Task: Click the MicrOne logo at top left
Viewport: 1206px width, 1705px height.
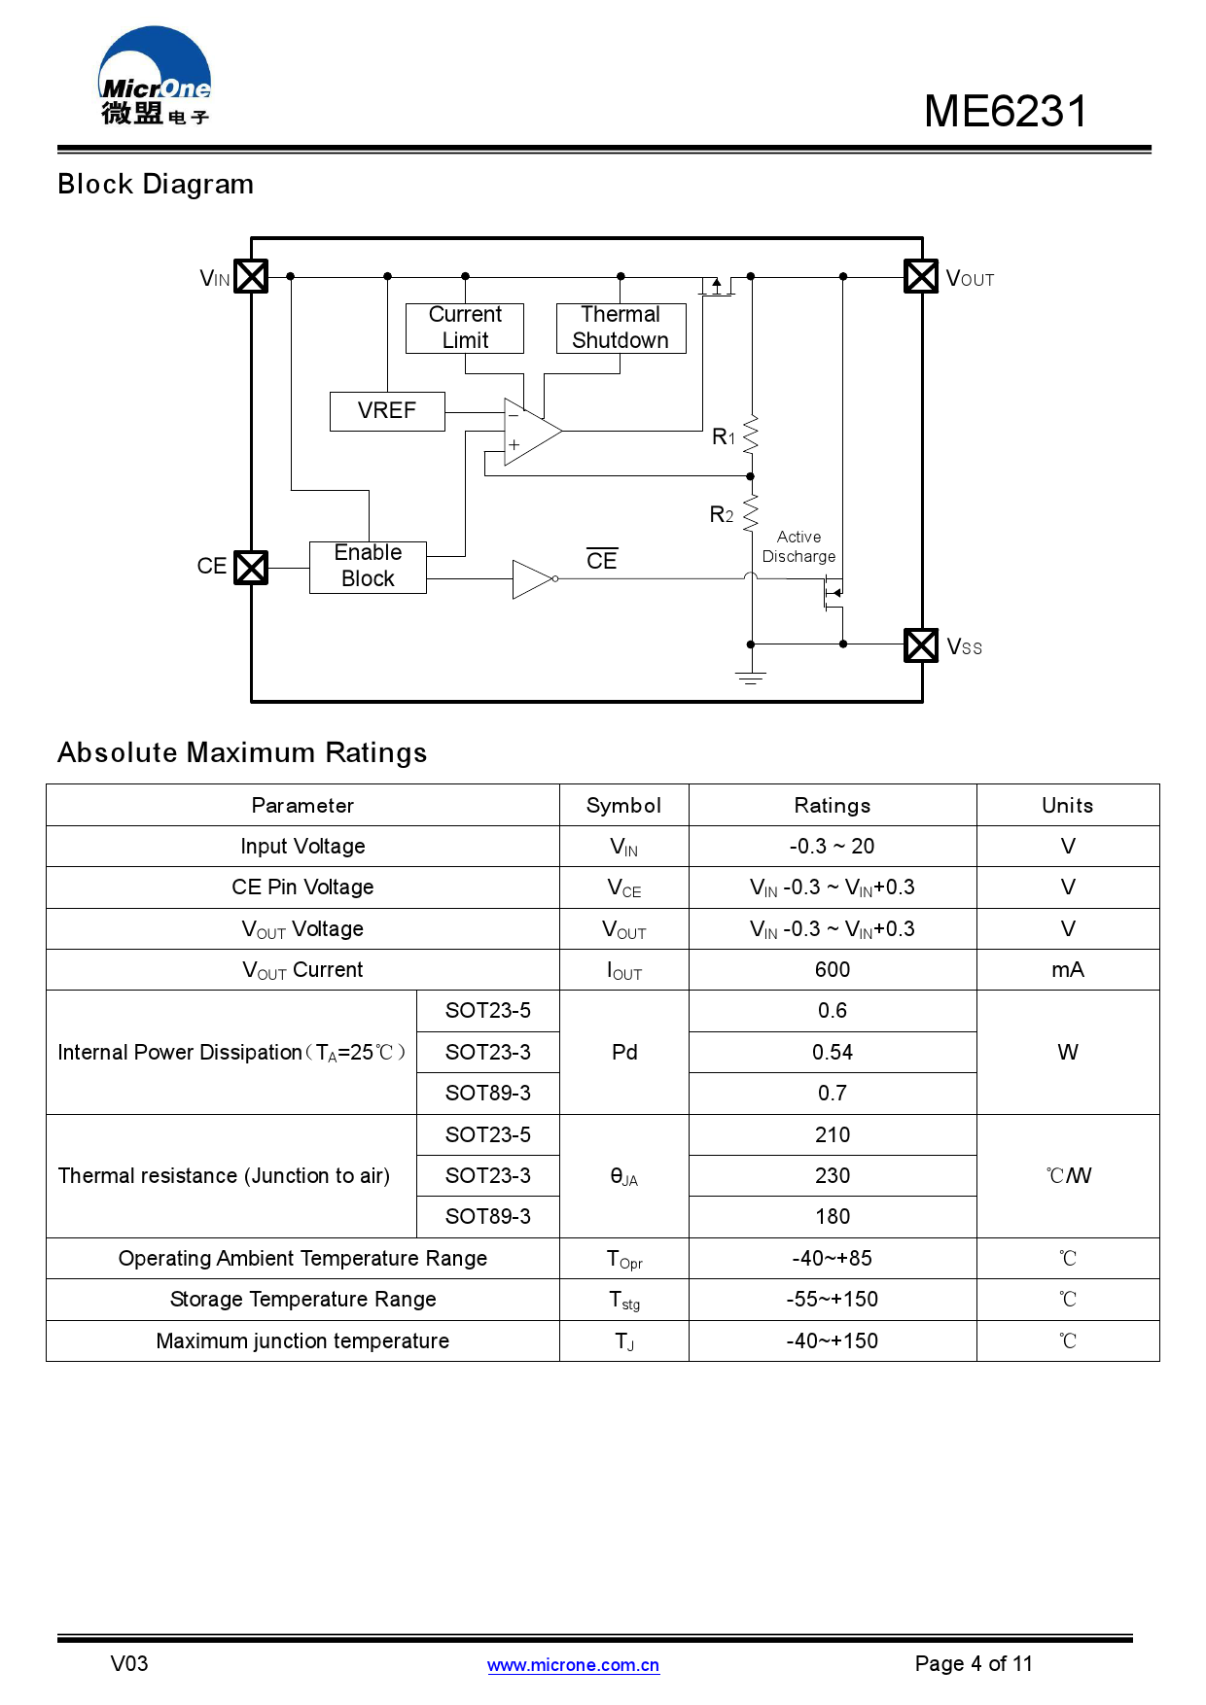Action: [155, 78]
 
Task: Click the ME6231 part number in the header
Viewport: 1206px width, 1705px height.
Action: [1005, 111]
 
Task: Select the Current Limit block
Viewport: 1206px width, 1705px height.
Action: [465, 328]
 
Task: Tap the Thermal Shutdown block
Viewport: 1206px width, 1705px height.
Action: [621, 328]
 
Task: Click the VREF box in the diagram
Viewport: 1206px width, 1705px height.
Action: [387, 410]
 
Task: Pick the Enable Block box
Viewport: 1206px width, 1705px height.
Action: [368, 566]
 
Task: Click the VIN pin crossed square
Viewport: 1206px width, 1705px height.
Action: [251, 276]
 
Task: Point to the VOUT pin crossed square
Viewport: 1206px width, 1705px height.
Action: [920, 276]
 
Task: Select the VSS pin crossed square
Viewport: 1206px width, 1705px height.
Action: [920, 644]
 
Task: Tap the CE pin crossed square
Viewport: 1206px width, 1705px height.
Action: [251, 567]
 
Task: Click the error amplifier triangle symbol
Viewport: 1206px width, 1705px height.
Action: [530, 431]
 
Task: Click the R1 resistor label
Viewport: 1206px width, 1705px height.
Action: [724, 436]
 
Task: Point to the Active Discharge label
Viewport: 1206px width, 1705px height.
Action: [798, 546]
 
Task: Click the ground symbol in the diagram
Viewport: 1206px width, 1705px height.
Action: [750, 677]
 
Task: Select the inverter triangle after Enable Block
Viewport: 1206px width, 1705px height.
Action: [533, 578]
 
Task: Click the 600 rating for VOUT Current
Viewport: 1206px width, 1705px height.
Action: [832, 969]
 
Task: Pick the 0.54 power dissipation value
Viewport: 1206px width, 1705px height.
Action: [832, 1052]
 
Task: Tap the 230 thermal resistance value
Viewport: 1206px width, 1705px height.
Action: [832, 1175]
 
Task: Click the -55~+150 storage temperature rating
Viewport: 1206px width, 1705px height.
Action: [832, 1299]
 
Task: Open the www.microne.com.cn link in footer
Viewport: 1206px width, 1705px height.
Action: [573, 1664]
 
